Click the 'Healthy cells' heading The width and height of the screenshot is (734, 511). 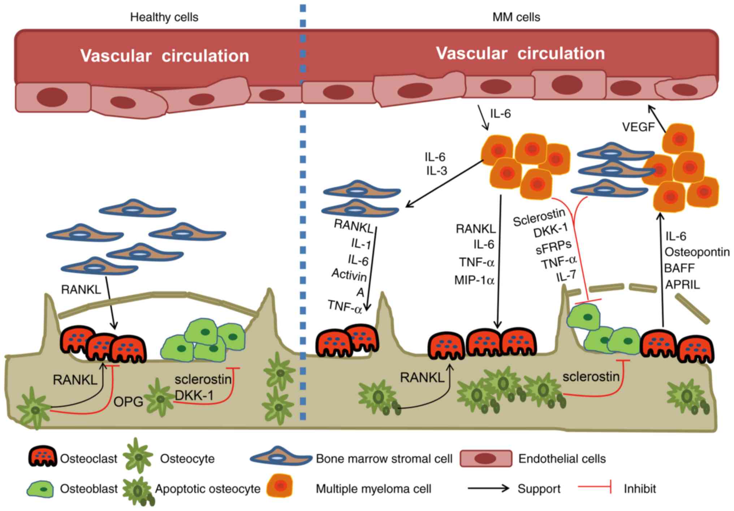[164, 17]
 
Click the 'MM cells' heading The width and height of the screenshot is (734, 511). [516, 17]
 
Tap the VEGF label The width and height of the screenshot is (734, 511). [638, 127]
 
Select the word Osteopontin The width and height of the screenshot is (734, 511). [697, 252]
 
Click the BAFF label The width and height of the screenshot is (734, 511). [679, 268]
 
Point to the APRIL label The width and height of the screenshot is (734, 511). [682, 284]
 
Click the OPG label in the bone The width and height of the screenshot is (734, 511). [128, 402]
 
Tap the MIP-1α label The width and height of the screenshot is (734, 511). [474, 280]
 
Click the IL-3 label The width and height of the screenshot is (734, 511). [436, 170]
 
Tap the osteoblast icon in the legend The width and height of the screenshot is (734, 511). [40, 489]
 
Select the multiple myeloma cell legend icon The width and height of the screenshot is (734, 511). [280, 486]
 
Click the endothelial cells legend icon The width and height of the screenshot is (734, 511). [485, 458]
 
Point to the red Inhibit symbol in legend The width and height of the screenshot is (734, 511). [595, 487]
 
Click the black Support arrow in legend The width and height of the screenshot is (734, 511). [488, 489]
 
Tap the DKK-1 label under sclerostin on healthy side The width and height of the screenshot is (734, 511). [194, 396]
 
